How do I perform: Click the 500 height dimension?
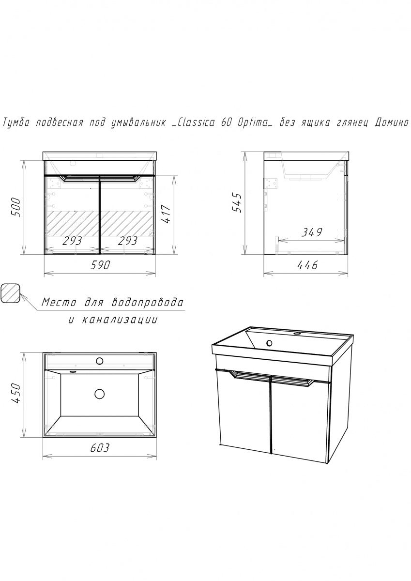15,207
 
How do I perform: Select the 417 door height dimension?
166,214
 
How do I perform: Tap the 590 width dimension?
100,265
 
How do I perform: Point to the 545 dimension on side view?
237,203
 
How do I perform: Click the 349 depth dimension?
312,232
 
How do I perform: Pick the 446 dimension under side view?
307,265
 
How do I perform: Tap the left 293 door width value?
72,241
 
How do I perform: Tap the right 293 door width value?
127,241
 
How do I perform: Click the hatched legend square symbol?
11,293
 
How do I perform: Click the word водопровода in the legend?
147,303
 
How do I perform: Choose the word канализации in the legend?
120,320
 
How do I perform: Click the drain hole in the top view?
99,394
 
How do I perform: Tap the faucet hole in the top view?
99,361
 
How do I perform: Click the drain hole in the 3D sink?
270,343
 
